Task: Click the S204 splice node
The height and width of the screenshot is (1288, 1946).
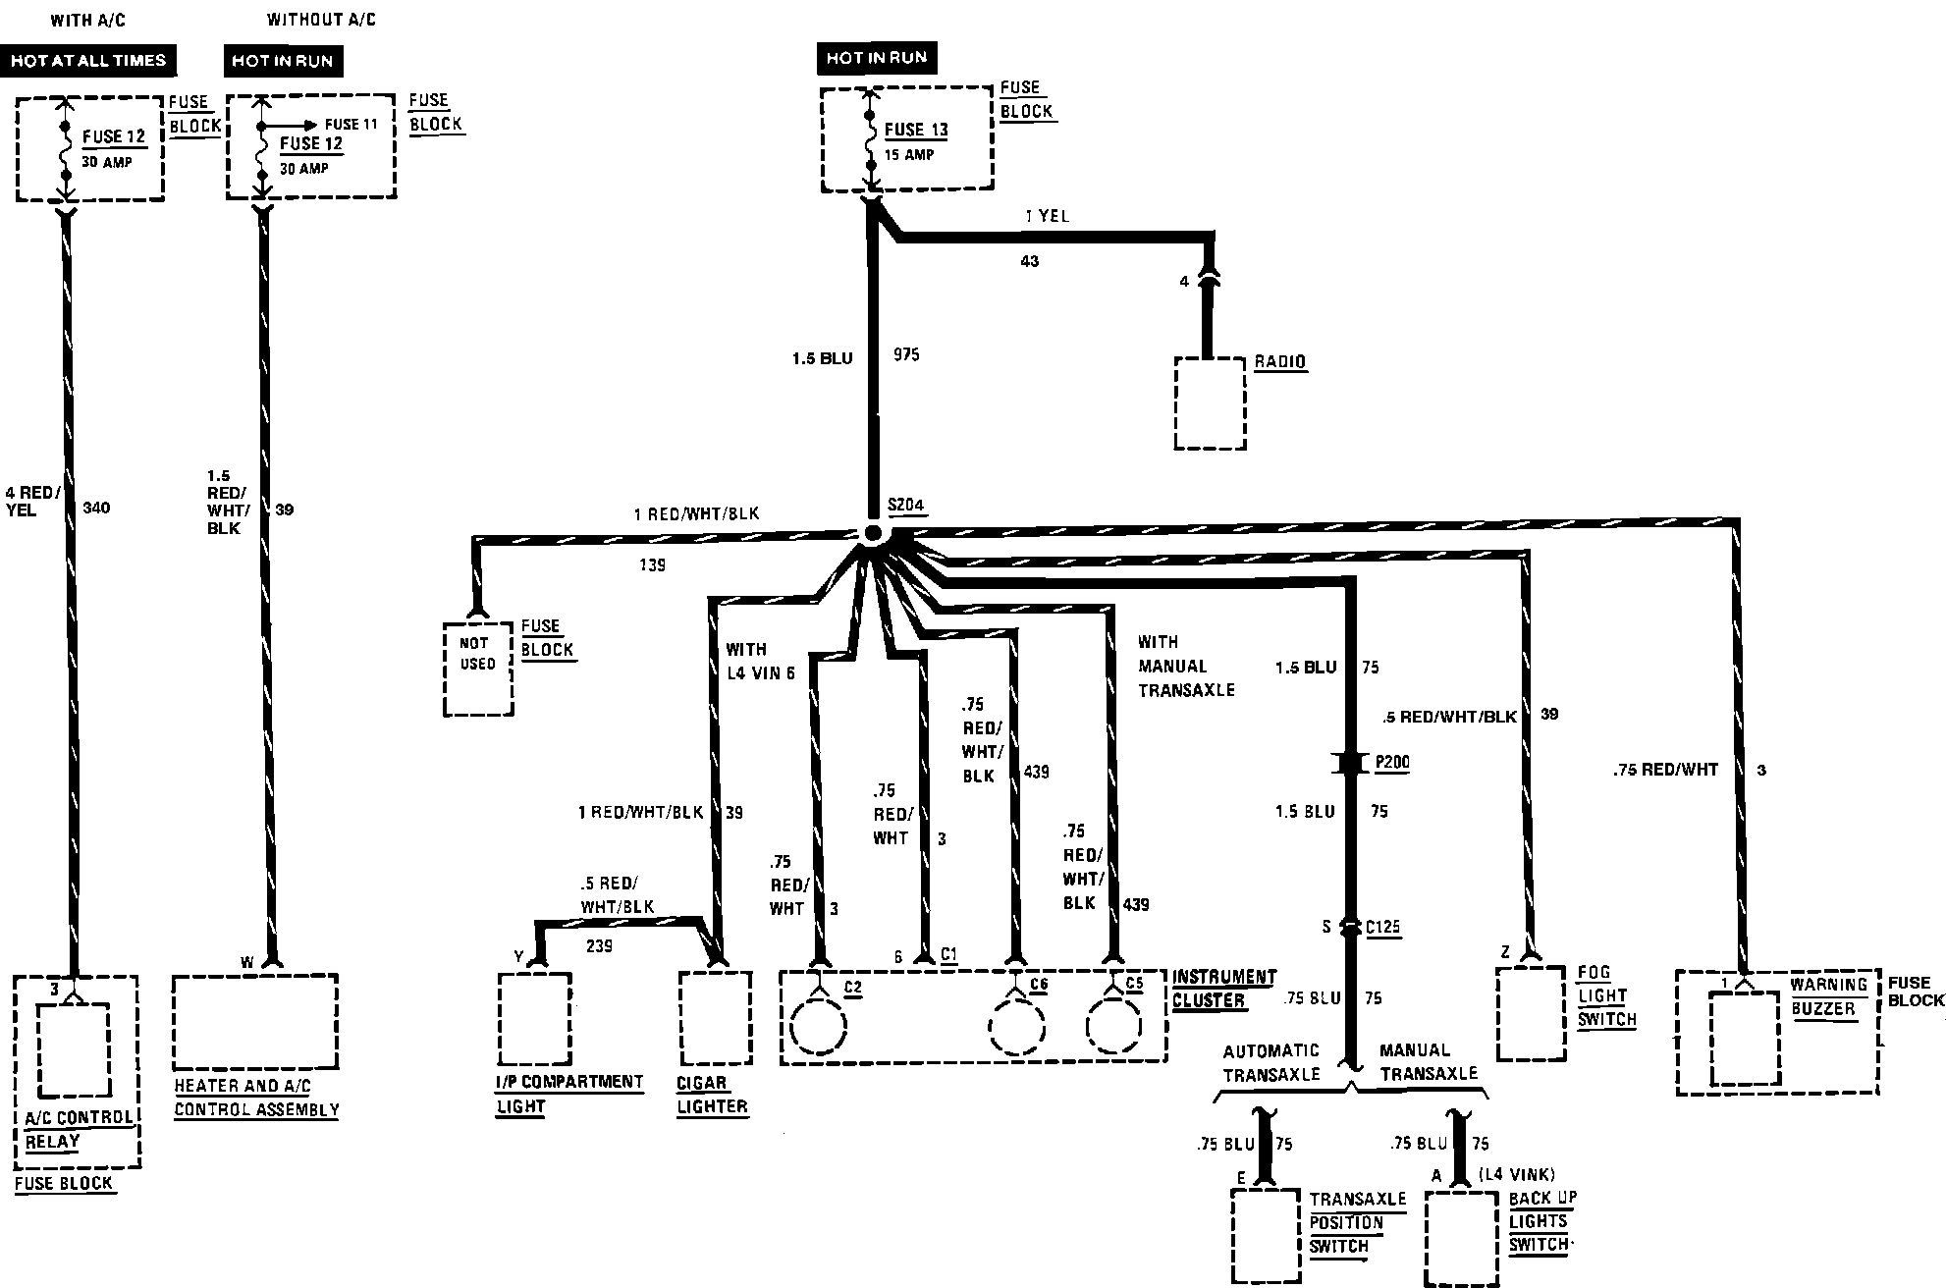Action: pyautogui.click(x=872, y=533)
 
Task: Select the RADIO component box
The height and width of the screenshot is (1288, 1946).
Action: pyautogui.click(x=1210, y=403)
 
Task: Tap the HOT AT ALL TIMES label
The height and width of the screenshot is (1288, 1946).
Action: pyautogui.click(x=88, y=61)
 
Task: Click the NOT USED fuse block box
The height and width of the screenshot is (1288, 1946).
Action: pyautogui.click(x=478, y=668)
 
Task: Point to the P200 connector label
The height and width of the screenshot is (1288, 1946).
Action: pyautogui.click(x=1392, y=762)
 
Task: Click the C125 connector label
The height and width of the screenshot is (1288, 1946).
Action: pyautogui.click(x=1382, y=926)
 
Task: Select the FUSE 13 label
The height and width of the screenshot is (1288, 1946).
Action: pyautogui.click(x=916, y=130)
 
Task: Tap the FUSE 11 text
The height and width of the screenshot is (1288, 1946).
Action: pyautogui.click(x=351, y=125)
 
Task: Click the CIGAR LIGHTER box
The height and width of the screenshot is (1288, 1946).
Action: pyautogui.click(x=716, y=1016)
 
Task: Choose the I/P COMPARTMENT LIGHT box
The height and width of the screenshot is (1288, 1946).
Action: pyautogui.click(x=534, y=1017)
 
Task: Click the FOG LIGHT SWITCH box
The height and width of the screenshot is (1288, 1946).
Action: pyautogui.click(x=1531, y=1012)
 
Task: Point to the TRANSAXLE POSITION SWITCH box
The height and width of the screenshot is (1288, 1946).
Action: pyautogui.click(x=1268, y=1235)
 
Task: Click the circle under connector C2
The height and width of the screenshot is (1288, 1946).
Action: pyautogui.click(x=818, y=1028)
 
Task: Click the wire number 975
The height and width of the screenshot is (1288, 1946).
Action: pyautogui.click(x=906, y=354)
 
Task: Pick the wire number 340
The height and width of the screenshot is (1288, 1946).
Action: pyautogui.click(x=96, y=508)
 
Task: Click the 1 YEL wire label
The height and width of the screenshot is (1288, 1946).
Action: pyautogui.click(x=1047, y=216)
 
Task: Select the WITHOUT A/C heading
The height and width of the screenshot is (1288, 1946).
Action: pyautogui.click(x=321, y=20)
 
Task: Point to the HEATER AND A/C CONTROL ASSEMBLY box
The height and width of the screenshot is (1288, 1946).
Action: pyautogui.click(x=255, y=1021)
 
